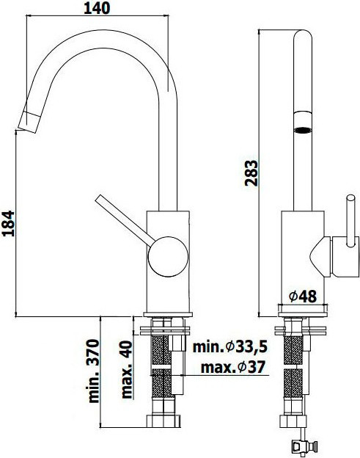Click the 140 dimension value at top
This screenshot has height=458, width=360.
point(97,8)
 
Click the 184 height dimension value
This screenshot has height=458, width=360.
point(7,223)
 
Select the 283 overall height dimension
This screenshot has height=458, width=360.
point(251,173)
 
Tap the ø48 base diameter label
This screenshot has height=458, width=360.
point(303,297)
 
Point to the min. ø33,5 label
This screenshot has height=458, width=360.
point(230,347)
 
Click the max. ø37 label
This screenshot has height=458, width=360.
point(233,367)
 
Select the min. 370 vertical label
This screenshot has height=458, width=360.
point(94,371)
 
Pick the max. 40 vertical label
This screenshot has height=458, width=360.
point(127,370)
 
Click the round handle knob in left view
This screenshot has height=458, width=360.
point(168,256)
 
